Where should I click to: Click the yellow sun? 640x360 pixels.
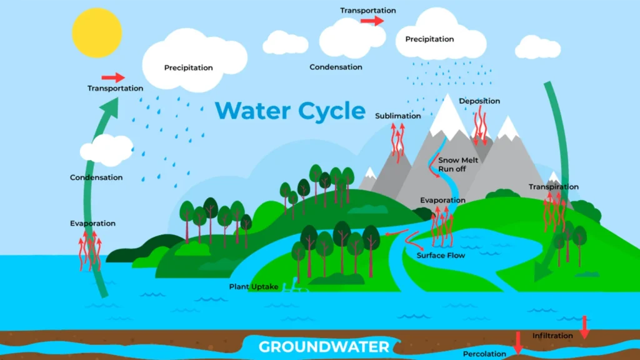[x=95, y=32]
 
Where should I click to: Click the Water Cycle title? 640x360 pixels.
[x=290, y=111]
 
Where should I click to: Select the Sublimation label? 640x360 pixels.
[x=398, y=116]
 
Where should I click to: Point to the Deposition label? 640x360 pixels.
[x=479, y=101]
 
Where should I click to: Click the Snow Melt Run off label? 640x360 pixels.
[x=458, y=164]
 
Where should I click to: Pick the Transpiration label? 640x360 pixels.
[x=553, y=187]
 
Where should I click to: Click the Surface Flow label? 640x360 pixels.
[x=441, y=255]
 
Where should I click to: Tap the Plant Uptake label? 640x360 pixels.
[x=253, y=287]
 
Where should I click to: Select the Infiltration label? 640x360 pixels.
[x=552, y=336]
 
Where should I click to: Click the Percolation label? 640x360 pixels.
[x=485, y=354]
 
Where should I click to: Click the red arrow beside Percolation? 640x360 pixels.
[x=517, y=342]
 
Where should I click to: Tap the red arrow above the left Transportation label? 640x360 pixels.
[x=113, y=77]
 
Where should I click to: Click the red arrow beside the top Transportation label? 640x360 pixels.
[x=372, y=21]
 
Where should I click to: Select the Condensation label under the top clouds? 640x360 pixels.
[x=336, y=67]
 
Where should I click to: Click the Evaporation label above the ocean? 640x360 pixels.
[x=92, y=223]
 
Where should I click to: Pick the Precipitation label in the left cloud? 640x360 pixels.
[x=188, y=67]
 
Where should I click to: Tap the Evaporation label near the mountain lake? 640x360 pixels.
[x=442, y=201]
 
